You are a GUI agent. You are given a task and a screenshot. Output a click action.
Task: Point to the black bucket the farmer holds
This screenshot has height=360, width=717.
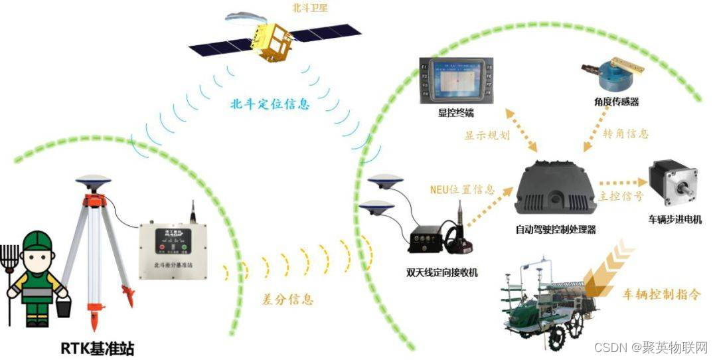click(x=64, y=306)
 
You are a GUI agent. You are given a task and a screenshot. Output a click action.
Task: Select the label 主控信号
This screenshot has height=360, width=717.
click(x=620, y=197)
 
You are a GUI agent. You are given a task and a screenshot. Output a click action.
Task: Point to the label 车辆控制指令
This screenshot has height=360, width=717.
click(x=661, y=294)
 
